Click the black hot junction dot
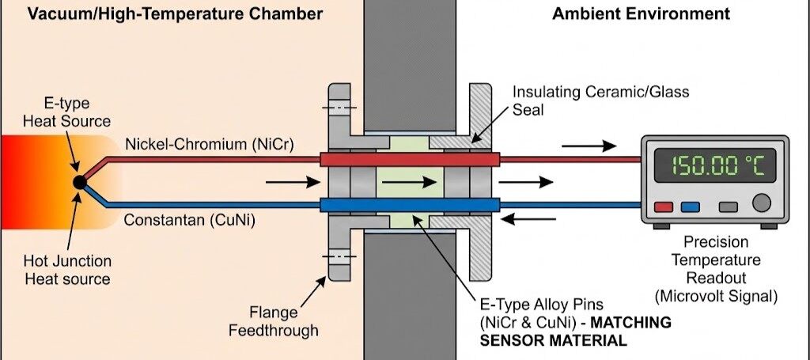point(79,182)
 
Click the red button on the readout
point(664,207)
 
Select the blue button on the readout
point(690,207)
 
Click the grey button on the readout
point(728,207)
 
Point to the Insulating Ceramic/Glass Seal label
point(600,100)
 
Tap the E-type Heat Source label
point(78,112)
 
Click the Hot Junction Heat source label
point(77,269)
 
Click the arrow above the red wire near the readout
point(589,146)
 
